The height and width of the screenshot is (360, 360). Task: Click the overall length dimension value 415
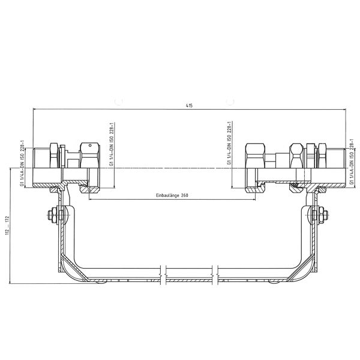click(x=189, y=106)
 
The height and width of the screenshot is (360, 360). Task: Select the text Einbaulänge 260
click(x=172, y=196)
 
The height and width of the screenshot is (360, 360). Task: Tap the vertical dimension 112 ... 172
click(x=8, y=225)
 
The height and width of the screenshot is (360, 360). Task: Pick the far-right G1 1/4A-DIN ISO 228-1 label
click(x=351, y=161)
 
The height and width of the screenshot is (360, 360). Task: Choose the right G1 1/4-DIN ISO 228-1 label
click(x=229, y=143)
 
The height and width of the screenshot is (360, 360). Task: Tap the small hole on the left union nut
click(x=91, y=145)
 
